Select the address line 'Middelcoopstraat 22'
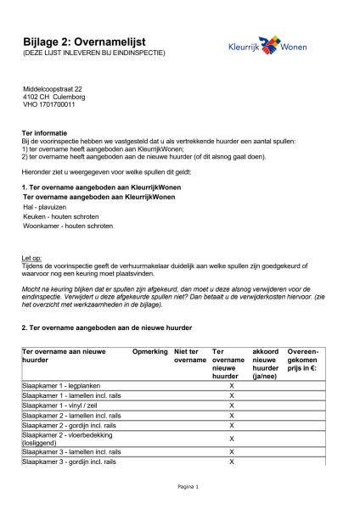52,89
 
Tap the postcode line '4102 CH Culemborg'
55,97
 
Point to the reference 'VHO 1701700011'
48,104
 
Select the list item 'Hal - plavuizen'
45,206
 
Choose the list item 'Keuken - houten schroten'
61,216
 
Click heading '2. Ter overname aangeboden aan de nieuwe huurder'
106,327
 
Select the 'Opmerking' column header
149,350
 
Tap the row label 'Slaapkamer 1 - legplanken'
61,385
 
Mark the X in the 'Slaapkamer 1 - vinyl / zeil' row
231,406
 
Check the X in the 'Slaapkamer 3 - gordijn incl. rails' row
231,462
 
